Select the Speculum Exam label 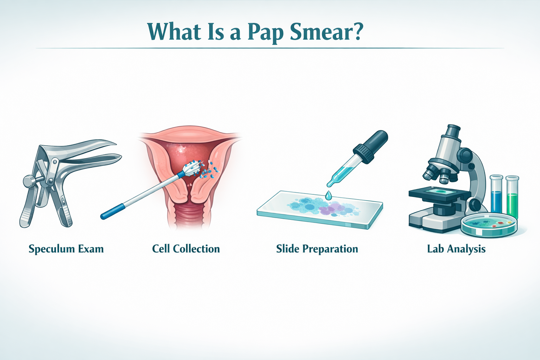pyautogui.click(x=66, y=249)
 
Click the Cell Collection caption pyautogui.click(x=186, y=249)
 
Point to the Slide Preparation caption pyautogui.click(x=317, y=249)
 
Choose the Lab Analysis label pyautogui.click(x=456, y=249)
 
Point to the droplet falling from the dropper pyautogui.click(x=328, y=195)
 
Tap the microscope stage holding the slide pyautogui.click(x=439, y=193)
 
